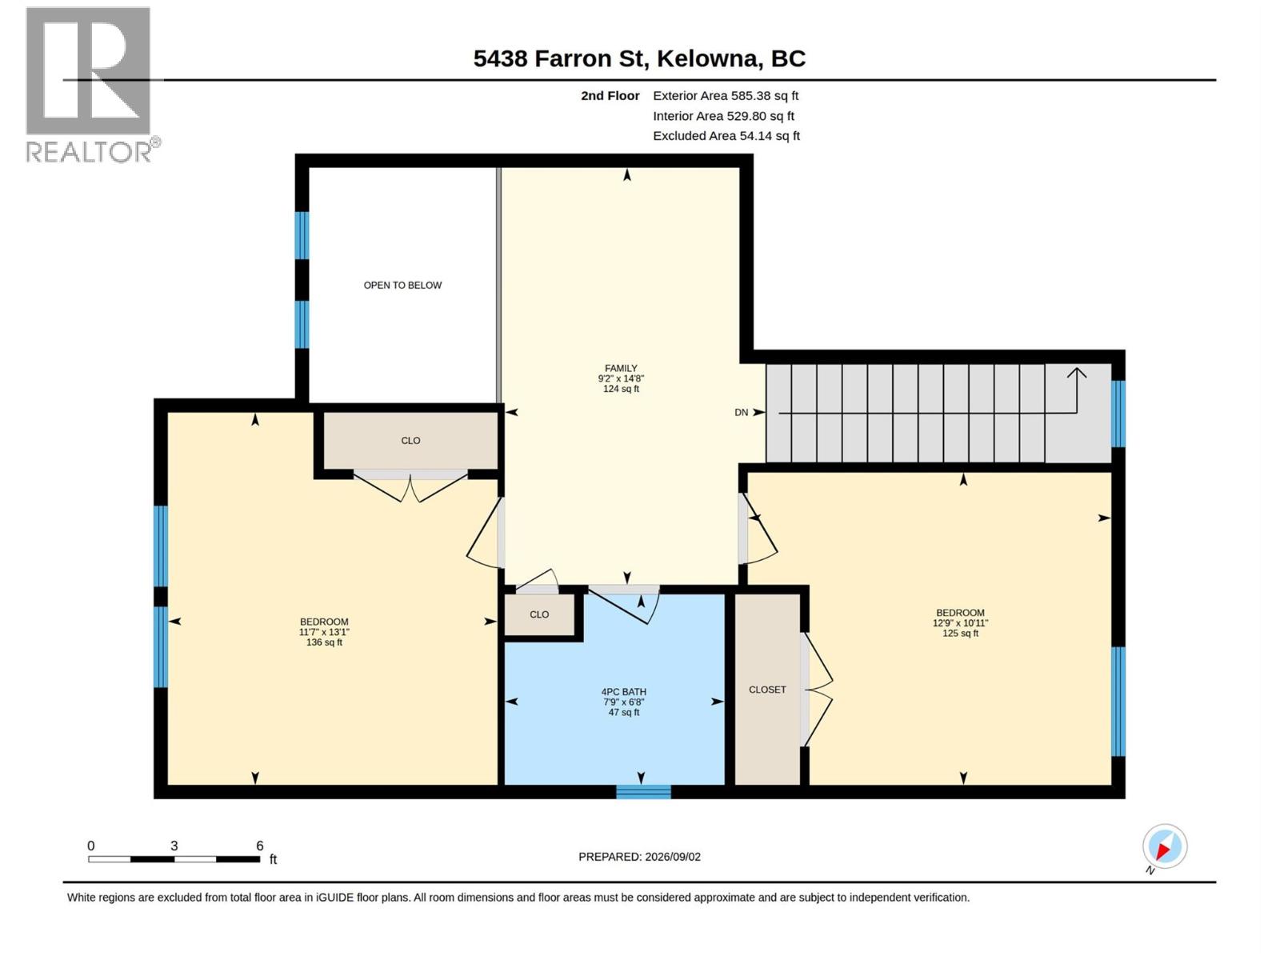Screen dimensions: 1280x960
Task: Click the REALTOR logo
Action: coord(92,85)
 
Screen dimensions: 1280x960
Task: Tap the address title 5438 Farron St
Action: coord(558,59)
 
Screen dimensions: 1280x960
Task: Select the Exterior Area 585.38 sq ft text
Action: coord(726,95)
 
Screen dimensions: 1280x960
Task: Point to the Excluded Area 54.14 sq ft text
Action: coord(726,136)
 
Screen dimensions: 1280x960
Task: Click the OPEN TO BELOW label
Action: coord(402,285)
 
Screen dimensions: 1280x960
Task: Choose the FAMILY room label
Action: coord(621,368)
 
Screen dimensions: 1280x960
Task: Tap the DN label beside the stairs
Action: coord(741,413)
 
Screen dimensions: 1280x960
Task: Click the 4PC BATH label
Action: coord(623,692)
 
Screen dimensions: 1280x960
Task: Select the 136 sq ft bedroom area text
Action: coord(324,642)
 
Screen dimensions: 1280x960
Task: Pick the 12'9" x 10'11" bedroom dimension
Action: coord(960,623)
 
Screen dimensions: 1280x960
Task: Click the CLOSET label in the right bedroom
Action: coord(767,690)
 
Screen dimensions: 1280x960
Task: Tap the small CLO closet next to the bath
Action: coord(539,614)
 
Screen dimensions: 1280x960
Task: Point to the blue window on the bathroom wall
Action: coord(643,791)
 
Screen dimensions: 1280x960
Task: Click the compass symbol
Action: coord(1164,846)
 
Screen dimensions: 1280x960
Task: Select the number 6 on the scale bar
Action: coord(259,845)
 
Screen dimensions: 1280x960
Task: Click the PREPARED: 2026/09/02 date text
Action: coord(639,857)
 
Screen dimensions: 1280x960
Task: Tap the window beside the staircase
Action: coord(1118,414)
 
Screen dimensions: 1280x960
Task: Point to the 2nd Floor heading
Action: coord(610,95)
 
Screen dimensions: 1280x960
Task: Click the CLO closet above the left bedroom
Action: coord(410,441)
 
